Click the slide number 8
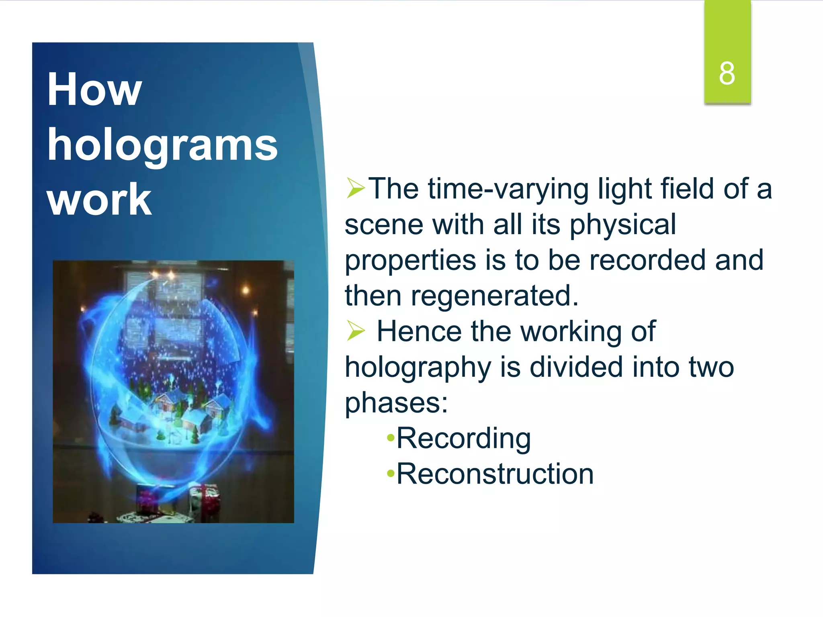pyautogui.click(x=727, y=74)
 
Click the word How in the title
pyautogui.click(x=94, y=89)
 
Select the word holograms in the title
pyautogui.click(x=162, y=145)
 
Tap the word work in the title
pyautogui.click(x=99, y=200)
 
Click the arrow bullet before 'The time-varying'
pyautogui.click(x=355, y=188)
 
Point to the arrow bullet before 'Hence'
pyautogui.click(x=355, y=331)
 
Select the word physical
pyautogui.click(x=623, y=225)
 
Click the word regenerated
pyautogui.click(x=494, y=296)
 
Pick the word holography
pyautogui.click(x=418, y=368)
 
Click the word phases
pyautogui.click(x=396, y=403)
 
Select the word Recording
pyautogui.click(x=464, y=439)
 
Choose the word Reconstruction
pyautogui.click(x=495, y=474)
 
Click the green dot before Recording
pyautogui.click(x=390, y=439)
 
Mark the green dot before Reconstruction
pyautogui.click(x=390, y=474)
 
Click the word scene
pyautogui.click(x=384, y=225)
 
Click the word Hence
pyautogui.click(x=419, y=332)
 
